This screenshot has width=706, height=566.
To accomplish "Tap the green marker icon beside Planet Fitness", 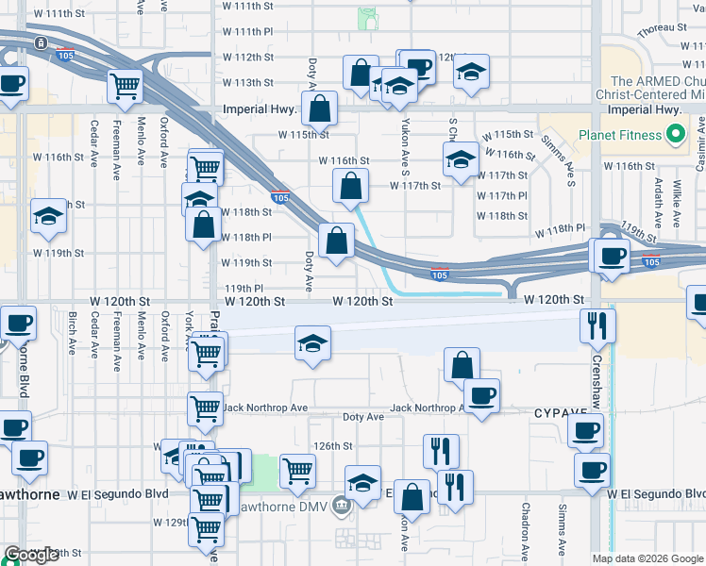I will click(675, 136).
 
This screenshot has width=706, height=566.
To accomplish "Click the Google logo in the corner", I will click(31, 555).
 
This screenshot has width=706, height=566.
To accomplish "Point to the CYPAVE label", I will click(561, 413).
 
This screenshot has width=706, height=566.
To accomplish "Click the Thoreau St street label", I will click(661, 30).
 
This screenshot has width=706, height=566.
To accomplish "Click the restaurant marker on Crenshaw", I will click(597, 325).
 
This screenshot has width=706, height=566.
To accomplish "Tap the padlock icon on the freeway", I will click(41, 43).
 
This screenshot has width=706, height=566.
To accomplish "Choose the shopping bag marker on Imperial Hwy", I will click(320, 108).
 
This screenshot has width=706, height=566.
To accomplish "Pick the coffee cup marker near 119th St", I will click(610, 255).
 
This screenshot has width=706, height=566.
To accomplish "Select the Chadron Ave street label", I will click(526, 527).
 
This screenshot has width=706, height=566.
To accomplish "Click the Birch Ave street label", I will click(72, 333).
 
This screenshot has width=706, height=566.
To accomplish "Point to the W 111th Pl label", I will click(249, 31).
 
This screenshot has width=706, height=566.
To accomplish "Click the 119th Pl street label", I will click(244, 288).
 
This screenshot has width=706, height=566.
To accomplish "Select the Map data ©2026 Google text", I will click(647, 558).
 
